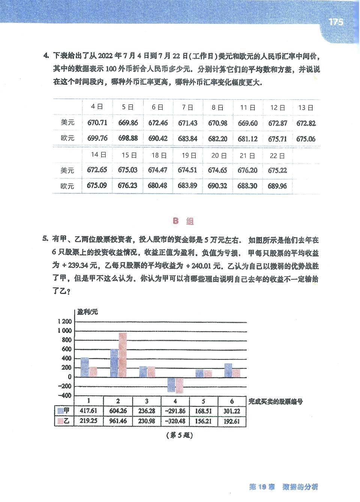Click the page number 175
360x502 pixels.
[x=336, y=22]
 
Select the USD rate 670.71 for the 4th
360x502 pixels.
[x=97, y=123]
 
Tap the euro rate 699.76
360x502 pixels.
[x=97, y=138]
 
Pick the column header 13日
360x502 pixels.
[x=306, y=108]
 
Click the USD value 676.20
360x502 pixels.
[x=247, y=170]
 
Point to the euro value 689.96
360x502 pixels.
[x=277, y=186]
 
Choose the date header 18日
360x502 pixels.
[x=157, y=155]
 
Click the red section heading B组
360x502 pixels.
[x=183, y=221]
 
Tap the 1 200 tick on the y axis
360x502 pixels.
[x=64, y=322]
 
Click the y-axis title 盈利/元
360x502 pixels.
[x=87, y=311]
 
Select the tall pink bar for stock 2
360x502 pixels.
[x=123, y=355]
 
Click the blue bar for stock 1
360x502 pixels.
[x=85, y=367]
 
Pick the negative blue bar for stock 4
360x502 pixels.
[x=171, y=385]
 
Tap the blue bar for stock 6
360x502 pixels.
[x=228, y=370]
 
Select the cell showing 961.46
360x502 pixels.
[x=118, y=421]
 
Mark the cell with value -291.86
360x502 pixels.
[x=175, y=411]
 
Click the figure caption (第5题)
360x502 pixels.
[x=178, y=436]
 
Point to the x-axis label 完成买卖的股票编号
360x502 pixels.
[x=276, y=401]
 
